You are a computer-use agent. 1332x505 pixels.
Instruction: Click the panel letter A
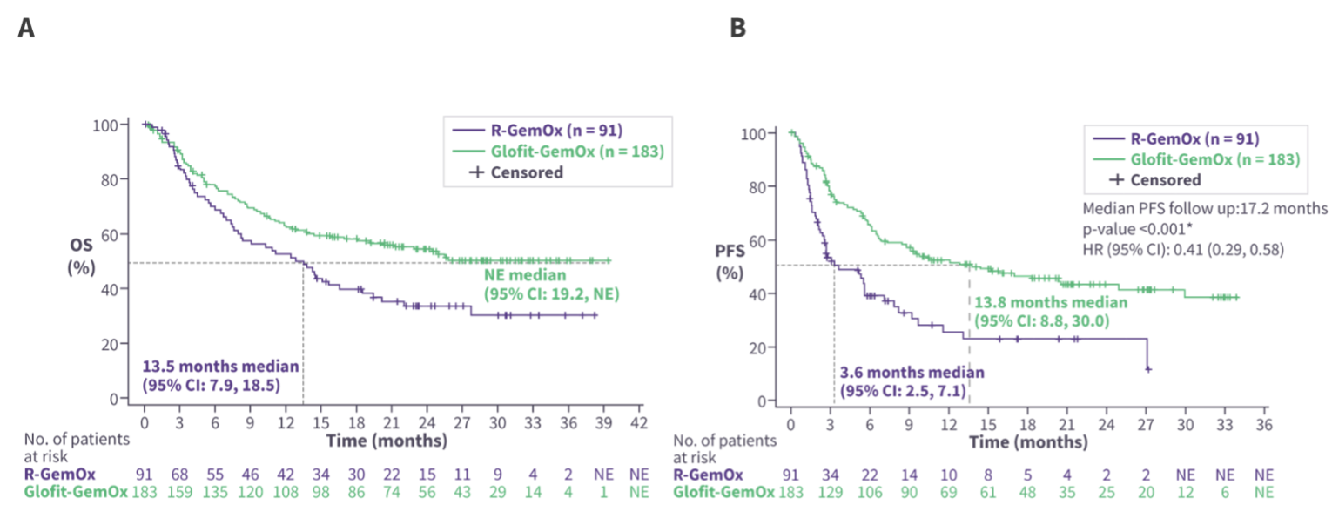click(26, 28)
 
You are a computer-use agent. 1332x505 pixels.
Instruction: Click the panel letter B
click(737, 28)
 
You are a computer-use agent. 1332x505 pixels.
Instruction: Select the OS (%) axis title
click(81, 257)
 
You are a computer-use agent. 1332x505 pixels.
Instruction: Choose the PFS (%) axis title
click(727, 263)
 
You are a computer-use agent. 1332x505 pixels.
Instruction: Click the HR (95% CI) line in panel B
click(1183, 250)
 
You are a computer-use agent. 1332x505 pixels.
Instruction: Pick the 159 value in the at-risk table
click(179, 492)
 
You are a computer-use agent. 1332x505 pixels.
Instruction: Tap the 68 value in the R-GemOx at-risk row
click(179, 475)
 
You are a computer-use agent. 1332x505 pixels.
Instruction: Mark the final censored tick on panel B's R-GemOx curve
click(1148, 370)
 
